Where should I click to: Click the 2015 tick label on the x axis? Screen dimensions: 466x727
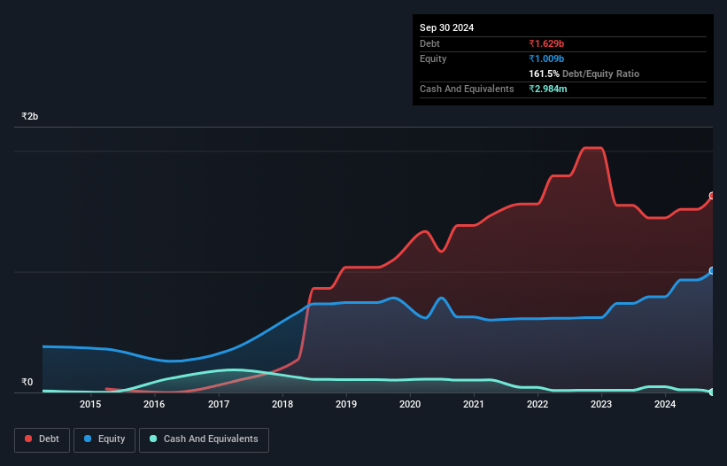tap(90, 405)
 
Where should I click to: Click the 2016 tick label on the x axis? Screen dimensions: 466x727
tap(154, 405)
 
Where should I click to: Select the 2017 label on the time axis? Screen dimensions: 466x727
tap(219, 405)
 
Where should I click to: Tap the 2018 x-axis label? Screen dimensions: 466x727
tap(282, 405)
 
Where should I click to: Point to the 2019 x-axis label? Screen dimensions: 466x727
tap(346, 405)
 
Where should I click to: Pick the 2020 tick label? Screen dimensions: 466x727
tap(410, 405)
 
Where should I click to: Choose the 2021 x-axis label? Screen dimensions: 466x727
tap(474, 405)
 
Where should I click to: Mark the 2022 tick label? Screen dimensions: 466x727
tap(538, 405)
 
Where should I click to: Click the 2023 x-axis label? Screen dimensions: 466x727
tap(601, 405)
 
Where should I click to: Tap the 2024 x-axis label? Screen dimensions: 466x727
tap(665, 405)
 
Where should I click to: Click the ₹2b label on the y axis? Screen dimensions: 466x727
tap(30, 117)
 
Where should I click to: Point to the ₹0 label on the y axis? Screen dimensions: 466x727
tap(27, 383)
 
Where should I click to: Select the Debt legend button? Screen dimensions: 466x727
tap(44, 439)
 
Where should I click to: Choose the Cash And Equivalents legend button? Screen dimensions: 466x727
tap(204, 439)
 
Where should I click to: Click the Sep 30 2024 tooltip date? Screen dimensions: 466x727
tap(447, 27)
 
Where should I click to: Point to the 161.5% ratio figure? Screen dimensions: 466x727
tap(545, 74)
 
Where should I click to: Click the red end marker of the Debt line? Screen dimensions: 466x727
tap(712, 196)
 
